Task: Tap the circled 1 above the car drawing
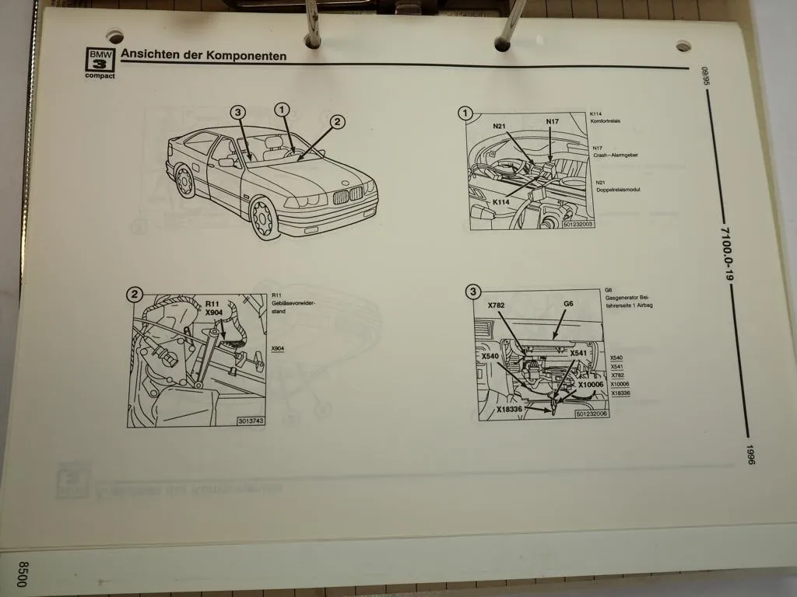pyautogui.click(x=281, y=110)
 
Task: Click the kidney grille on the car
pyautogui.click(x=347, y=194)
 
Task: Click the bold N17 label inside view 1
pyautogui.click(x=552, y=121)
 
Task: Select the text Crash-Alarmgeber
pyautogui.click(x=616, y=155)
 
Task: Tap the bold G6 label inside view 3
pyautogui.click(x=568, y=304)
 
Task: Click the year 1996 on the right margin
pyautogui.click(x=750, y=455)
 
